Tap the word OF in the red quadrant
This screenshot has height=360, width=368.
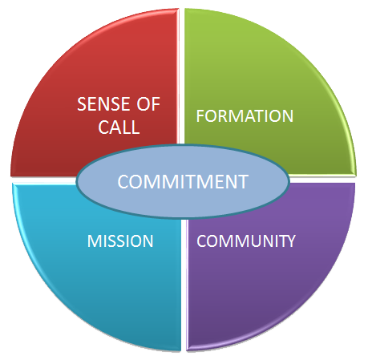148,104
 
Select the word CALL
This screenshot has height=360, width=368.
119,127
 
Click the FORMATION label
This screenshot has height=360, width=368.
245,116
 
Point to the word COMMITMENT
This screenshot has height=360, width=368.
183,182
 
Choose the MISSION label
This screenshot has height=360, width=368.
120,241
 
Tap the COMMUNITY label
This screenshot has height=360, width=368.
246,241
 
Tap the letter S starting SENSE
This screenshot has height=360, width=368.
82,104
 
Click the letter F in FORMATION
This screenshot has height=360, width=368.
200,116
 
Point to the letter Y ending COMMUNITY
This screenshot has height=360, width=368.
291,241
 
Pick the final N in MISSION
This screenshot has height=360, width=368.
148,241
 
